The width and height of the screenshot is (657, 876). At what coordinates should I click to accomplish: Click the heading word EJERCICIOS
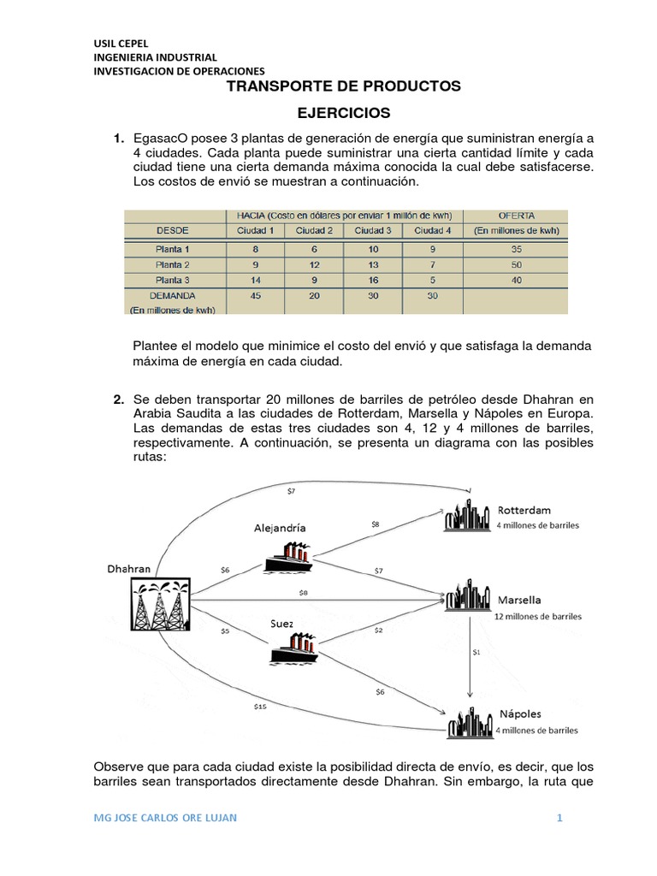point(343,113)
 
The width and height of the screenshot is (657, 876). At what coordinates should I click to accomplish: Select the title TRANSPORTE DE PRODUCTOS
point(343,86)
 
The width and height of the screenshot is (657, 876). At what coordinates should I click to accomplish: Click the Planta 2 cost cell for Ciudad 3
point(373,264)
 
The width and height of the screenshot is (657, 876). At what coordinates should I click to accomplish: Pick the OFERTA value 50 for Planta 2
point(515,264)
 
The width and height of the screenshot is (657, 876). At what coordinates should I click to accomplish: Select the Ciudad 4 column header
point(432,231)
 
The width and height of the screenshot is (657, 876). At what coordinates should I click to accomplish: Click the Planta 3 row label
point(174,280)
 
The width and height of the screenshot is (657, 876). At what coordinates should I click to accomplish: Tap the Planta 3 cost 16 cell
point(373,280)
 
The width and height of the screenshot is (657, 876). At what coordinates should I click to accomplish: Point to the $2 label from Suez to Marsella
point(379,630)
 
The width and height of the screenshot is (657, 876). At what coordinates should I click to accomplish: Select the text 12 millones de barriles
point(538,616)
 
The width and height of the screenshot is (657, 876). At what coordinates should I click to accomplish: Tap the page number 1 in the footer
point(559,819)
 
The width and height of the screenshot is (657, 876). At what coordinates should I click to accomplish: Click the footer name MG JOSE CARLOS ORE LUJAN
point(165,819)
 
